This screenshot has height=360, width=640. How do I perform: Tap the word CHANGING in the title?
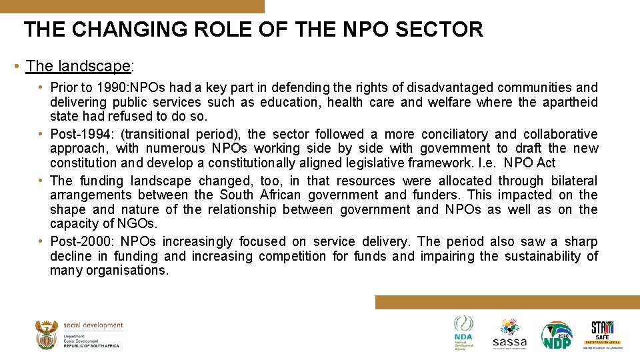[125, 29]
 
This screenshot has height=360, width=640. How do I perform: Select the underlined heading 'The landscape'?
[77, 66]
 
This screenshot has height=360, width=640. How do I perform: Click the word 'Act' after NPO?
[545, 163]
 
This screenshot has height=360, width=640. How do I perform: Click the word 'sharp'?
[581, 241]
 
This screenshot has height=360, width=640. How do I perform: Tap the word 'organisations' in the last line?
[127, 271]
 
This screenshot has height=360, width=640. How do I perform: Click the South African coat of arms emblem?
[46, 335]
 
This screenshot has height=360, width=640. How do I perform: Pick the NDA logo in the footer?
[463, 331]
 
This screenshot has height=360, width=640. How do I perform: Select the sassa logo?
[510, 333]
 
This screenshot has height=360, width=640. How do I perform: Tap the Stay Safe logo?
[603, 333]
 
